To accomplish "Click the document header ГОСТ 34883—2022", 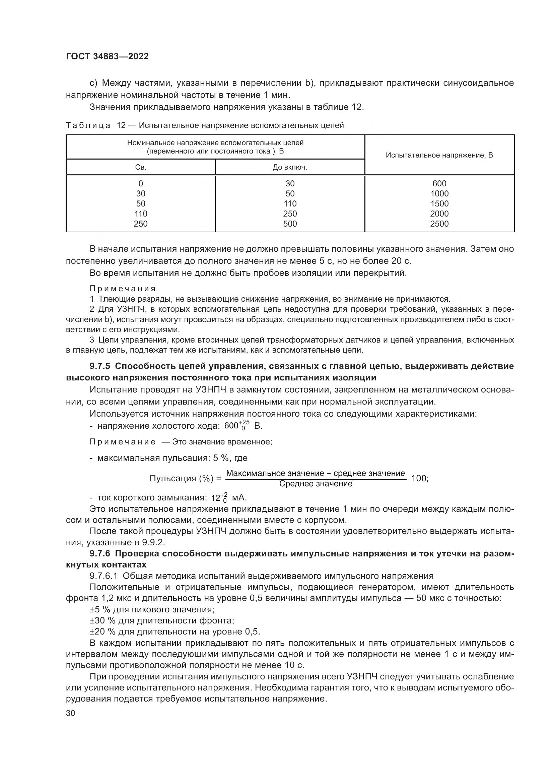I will pos(107,57).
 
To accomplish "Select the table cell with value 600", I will pos(439,183).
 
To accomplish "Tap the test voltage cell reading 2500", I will pos(439,224).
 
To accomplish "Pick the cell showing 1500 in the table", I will pos(439,203).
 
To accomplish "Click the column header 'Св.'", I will pos(141,167).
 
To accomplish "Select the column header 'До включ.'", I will pos(290,167).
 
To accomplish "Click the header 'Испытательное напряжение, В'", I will pos(439,155).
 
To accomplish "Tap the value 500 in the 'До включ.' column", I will pos(290,224).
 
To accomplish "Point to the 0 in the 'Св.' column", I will pos(141,183).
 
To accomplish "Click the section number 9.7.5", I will pos(99,366).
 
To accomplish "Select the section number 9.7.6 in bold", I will pos(99,553).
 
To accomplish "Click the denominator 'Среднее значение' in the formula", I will pos(316,484).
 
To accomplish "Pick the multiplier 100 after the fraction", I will pos(419,478).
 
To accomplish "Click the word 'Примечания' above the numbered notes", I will pos(123,289).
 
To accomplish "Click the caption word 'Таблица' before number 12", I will pos(88,125).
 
